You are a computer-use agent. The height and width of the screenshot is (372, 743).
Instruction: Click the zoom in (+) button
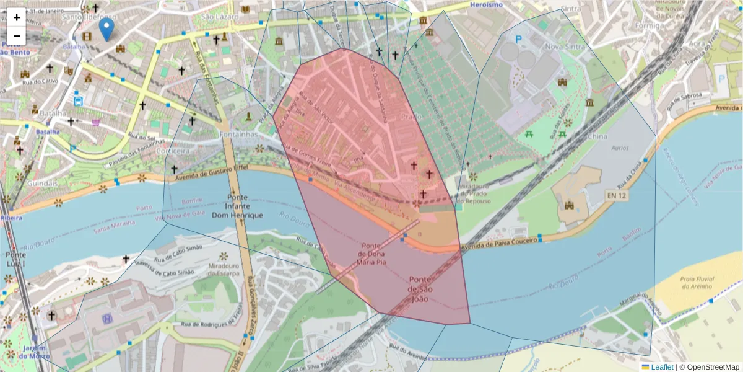coord(17,17)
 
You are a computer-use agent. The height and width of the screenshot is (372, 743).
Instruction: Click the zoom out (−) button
coord(17,36)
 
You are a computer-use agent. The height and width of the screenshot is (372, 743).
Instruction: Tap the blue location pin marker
coord(106,29)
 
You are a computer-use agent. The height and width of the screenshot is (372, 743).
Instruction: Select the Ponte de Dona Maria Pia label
coord(375,254)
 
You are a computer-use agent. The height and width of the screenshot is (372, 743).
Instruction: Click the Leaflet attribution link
coord(662,367)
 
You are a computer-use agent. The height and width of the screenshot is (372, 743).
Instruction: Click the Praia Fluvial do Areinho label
coord(698,283)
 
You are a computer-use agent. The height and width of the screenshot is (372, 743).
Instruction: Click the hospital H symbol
coord(107,319)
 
